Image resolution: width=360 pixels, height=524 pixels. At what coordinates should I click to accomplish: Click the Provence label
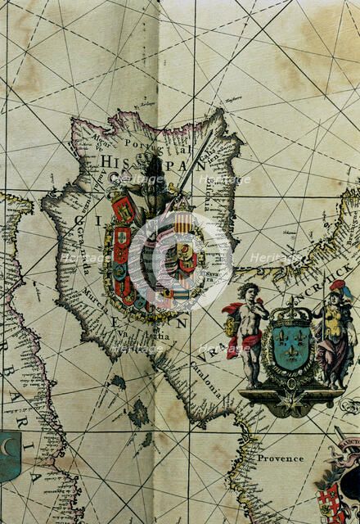(x=280, y=458)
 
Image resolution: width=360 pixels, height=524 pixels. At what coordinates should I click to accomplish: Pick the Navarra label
(x=209, y=196)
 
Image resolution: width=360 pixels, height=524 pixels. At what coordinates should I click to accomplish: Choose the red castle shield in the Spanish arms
(x=122, y=211)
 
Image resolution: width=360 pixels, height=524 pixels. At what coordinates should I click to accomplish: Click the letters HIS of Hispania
(x=112, y=161)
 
